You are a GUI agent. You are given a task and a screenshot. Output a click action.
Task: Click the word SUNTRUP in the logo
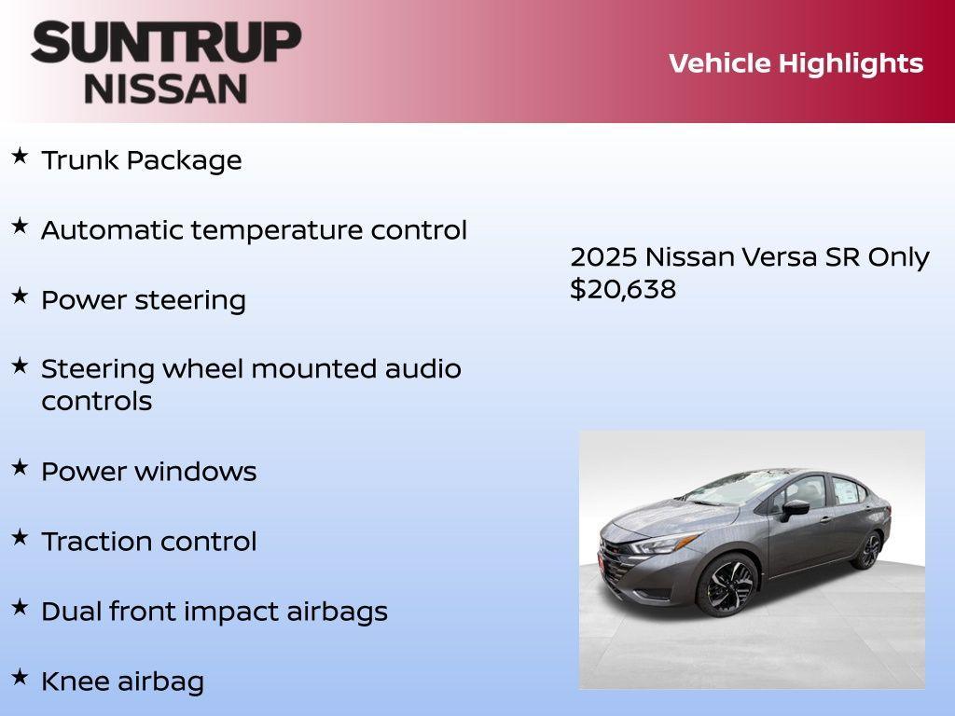[x=166, y=42]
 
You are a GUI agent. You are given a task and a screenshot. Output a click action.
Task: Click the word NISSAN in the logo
[x=166, y=89]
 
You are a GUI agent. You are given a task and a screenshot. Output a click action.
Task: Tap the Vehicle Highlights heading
[x=796, y=63]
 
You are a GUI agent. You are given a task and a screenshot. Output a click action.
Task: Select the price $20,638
[x=623, y=289]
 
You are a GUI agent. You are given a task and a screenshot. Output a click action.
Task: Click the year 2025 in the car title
[x=602, y=257]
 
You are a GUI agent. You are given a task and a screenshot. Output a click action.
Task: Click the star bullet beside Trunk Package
[x=20, y=157]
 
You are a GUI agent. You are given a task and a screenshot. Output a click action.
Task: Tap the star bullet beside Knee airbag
[x=20, y=678]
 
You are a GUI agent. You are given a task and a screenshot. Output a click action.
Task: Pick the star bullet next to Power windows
[x=20, y=468]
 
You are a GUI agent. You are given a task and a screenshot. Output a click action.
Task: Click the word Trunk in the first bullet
[x=80, y=160]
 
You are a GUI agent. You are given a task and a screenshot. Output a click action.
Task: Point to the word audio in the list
[x=423, y=369]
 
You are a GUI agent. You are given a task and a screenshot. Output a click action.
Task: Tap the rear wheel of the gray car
[x=868, y=550]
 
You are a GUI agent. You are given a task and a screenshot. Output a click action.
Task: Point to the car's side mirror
[x=796, y=508]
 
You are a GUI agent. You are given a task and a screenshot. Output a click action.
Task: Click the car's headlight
[x=664, y=544]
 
